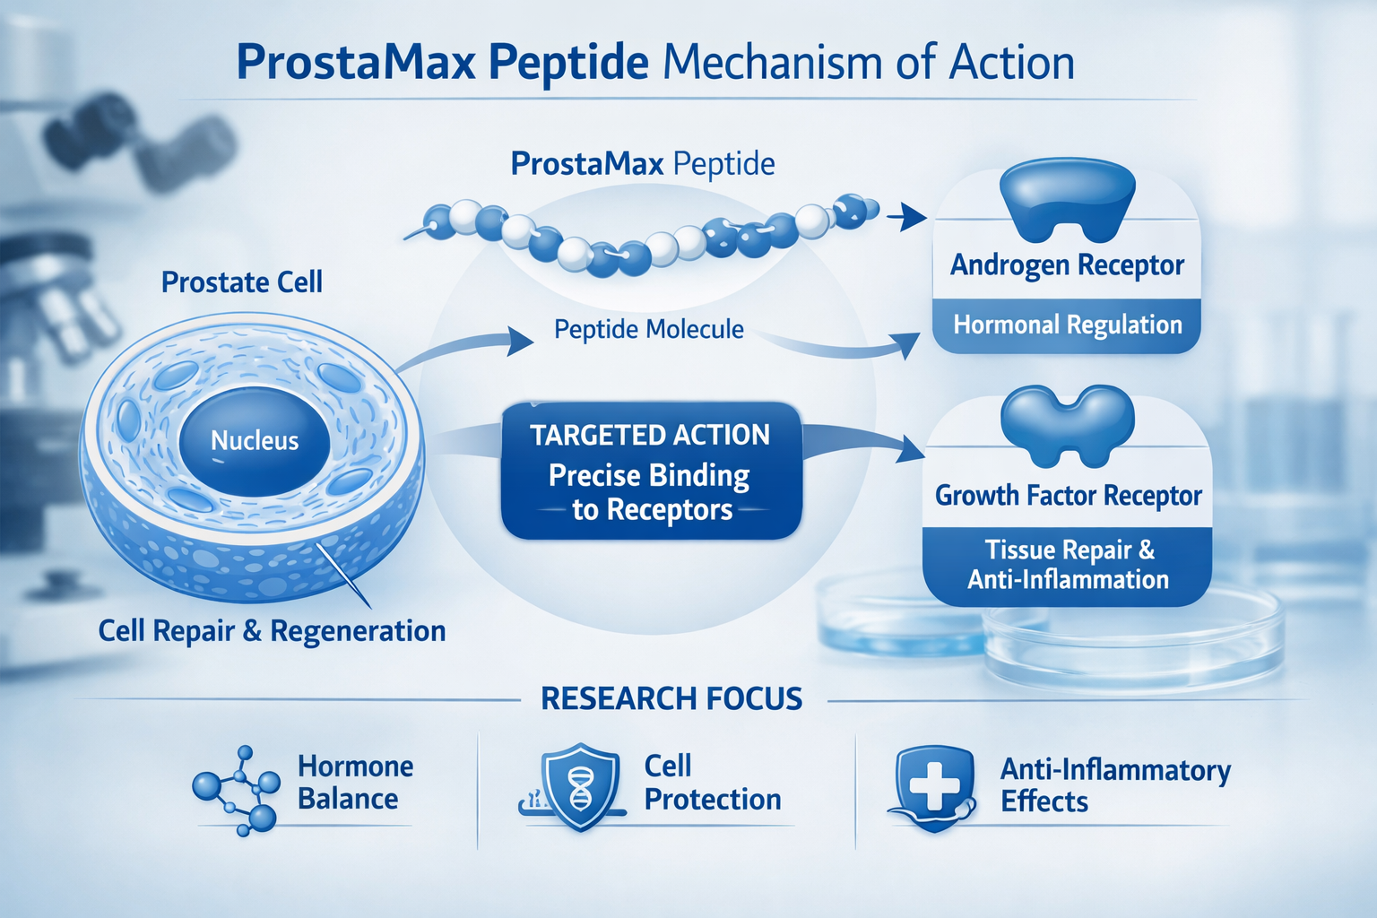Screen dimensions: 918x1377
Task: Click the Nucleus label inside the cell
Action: click(x=255, y=441)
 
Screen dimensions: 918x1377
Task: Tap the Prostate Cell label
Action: click(x=242, y=282)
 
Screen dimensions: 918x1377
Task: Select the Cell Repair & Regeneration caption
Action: click(x=272, y=631)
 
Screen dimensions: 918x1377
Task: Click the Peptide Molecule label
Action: click(x=649, y=330)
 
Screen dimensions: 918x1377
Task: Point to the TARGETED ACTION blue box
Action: click(x=651, y=472)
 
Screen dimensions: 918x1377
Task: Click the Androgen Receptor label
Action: click(x=1067, y=265)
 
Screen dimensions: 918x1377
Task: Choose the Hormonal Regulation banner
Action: click(x=1067, y=325)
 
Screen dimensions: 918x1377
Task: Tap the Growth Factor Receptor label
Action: click(x=1068, y=496)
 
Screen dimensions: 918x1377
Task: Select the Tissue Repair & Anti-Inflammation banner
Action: click(x=1068, y=565)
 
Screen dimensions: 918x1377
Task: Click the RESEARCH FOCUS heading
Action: click(x=671, y=699)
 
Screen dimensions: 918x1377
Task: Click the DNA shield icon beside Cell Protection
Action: click(x=579, y=786)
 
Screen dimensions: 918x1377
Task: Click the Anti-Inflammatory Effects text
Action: click(x=1115, y=785)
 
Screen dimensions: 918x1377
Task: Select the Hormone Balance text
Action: click(x=355, y=783)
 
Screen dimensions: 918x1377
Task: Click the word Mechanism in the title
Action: click(x=771, y=63)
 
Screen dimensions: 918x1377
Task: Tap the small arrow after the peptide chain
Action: click(x=907, y=215)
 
